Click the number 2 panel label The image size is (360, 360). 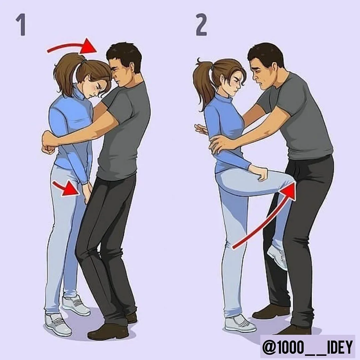[x=201, y=25]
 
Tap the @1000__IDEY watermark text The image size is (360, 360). [x=307, y=347]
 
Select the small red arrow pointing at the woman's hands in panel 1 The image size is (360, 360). [x=67, y=188]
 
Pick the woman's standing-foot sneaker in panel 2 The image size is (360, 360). [x=240, y=323]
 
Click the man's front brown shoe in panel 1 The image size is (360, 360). [x=108, y=332]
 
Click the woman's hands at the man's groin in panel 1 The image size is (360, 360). [x=87, y=192]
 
